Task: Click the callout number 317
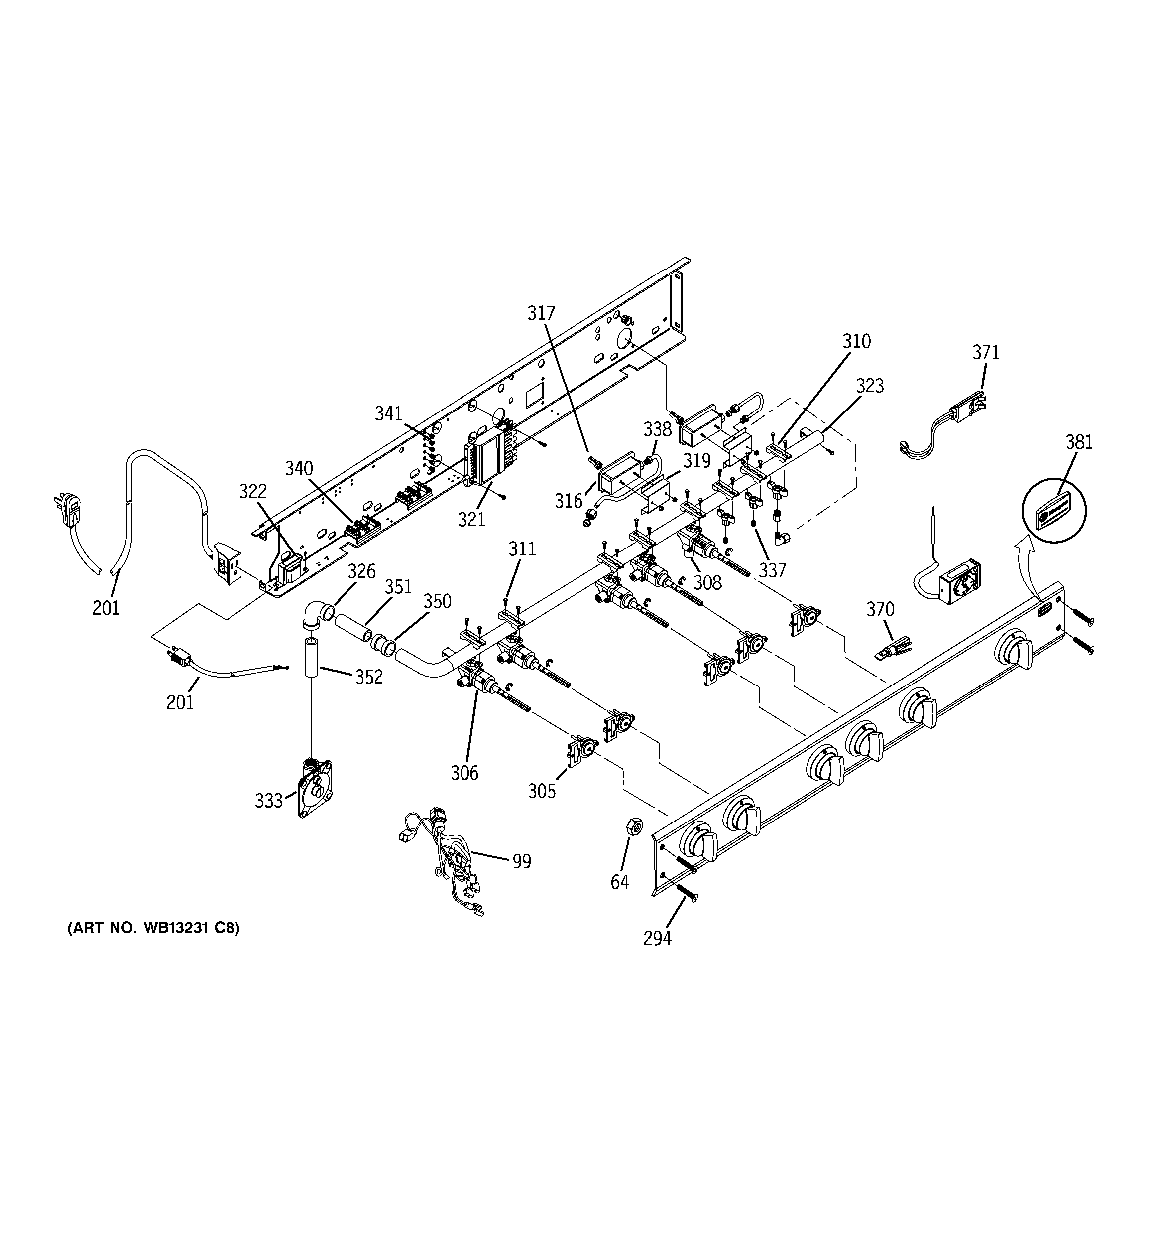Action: point(541,313)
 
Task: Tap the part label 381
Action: point(1079,442)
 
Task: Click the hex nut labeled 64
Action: point(634,825)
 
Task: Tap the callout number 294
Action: point(657,939)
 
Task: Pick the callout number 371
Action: point(986,352)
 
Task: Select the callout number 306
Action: point(464,773)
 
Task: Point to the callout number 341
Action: point(389,413)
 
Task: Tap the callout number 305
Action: point(541,791)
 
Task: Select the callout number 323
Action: point(870,386)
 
